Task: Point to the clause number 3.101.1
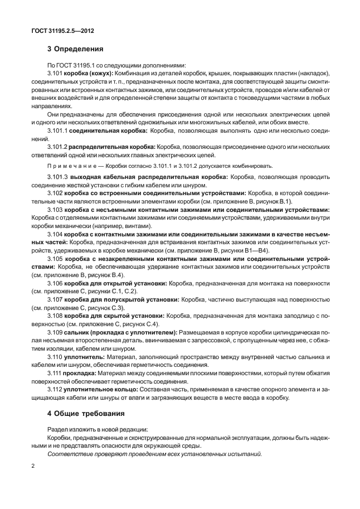point(58,130)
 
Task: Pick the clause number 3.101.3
point(58,177)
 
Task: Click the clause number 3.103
point(56,210)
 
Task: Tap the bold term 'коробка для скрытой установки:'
point(114,315)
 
